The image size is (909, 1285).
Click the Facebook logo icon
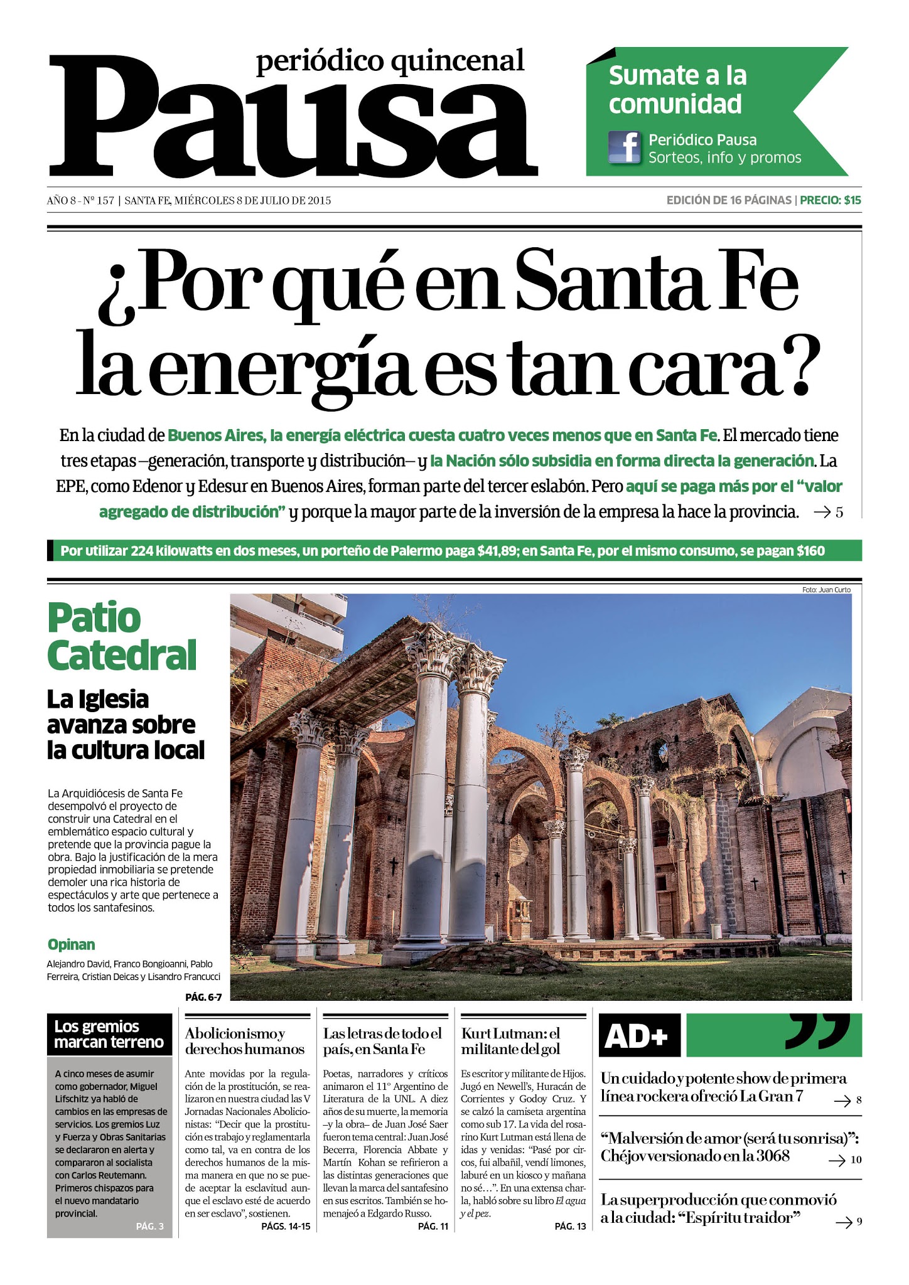click(x=625, y=149)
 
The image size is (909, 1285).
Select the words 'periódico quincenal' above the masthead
click(x=390, y=61)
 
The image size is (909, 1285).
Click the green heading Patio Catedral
click(x=122, y=637)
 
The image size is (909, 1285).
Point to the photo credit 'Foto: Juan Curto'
click(x=826, y=590)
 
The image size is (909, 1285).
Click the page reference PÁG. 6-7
click(x=203, y=996)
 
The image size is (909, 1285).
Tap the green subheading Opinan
click(x=71, y=944)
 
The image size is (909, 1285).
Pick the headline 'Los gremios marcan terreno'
click(x=109, y=1035)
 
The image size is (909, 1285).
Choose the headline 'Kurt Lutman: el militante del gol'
click(x=510, y=1041)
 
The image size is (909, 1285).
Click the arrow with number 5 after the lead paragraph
click(x=828, y=513)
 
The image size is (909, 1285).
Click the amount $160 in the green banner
click(x=810, y=552)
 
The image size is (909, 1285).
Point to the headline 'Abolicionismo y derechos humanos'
click(x=244, y=1041)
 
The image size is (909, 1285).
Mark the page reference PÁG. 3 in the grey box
click(x=149, y=1226)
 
